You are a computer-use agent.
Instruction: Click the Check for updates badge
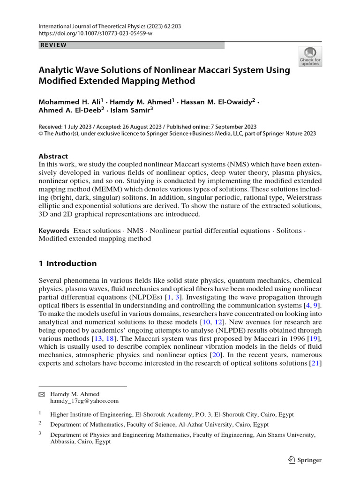coord(310,56)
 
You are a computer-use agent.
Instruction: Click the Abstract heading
coord(53,156)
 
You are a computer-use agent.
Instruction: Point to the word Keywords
coord(54,231)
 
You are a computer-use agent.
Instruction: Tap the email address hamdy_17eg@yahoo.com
coord(84,401)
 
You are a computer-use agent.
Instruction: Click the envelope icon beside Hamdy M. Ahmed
coord(41,394)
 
